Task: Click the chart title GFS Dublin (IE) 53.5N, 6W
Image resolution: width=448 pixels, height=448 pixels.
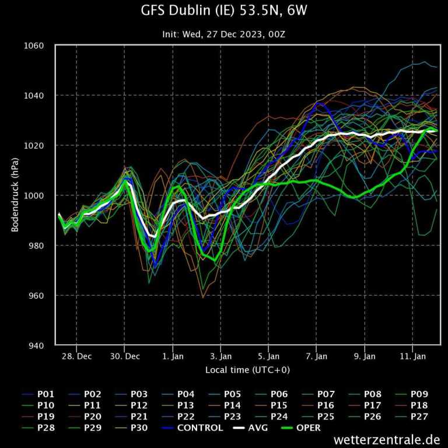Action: [x=223, y=10]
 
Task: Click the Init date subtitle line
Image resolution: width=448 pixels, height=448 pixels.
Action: [x=223, y=34]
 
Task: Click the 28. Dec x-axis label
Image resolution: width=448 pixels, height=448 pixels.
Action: [x=77, y=356]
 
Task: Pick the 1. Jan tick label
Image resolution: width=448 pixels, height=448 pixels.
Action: [x=173, y=356]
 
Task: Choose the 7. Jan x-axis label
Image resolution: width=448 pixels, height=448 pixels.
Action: [x=317, y=356]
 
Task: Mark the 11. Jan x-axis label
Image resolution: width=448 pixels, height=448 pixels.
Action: [x=412, y=356]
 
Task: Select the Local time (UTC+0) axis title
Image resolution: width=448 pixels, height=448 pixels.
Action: [x=247, y=370]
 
